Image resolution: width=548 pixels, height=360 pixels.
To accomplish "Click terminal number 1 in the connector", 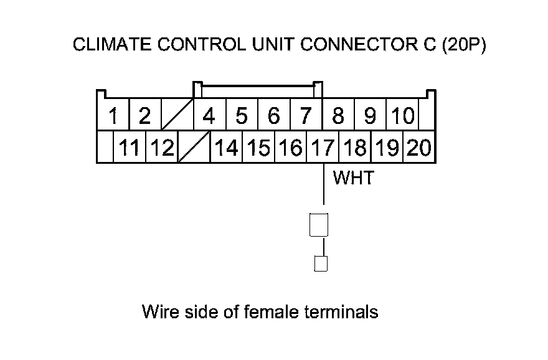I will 113,116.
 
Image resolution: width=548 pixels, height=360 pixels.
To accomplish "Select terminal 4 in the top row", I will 209,116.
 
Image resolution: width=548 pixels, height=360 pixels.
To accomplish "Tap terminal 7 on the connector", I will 306,116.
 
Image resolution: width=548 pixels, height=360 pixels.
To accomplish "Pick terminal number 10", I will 403,116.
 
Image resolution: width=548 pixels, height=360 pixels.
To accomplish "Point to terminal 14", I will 226,148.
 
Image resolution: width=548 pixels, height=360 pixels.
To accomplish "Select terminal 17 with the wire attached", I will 323,148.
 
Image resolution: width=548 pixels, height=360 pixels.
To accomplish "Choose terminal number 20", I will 419,148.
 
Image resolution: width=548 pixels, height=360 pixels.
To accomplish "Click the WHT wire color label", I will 353,178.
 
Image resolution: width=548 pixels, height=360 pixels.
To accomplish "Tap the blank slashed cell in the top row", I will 177,116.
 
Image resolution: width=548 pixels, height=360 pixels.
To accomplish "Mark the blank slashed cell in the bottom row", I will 194,148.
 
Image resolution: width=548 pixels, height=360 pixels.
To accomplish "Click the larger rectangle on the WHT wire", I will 319,225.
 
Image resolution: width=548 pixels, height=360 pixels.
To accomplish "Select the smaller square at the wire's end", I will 321,263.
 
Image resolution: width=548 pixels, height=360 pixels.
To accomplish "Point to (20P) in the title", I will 462,46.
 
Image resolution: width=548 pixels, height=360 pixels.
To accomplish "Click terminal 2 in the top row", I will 145,116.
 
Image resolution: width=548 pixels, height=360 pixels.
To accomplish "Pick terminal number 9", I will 371,116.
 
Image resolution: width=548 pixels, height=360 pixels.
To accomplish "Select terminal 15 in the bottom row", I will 258,148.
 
